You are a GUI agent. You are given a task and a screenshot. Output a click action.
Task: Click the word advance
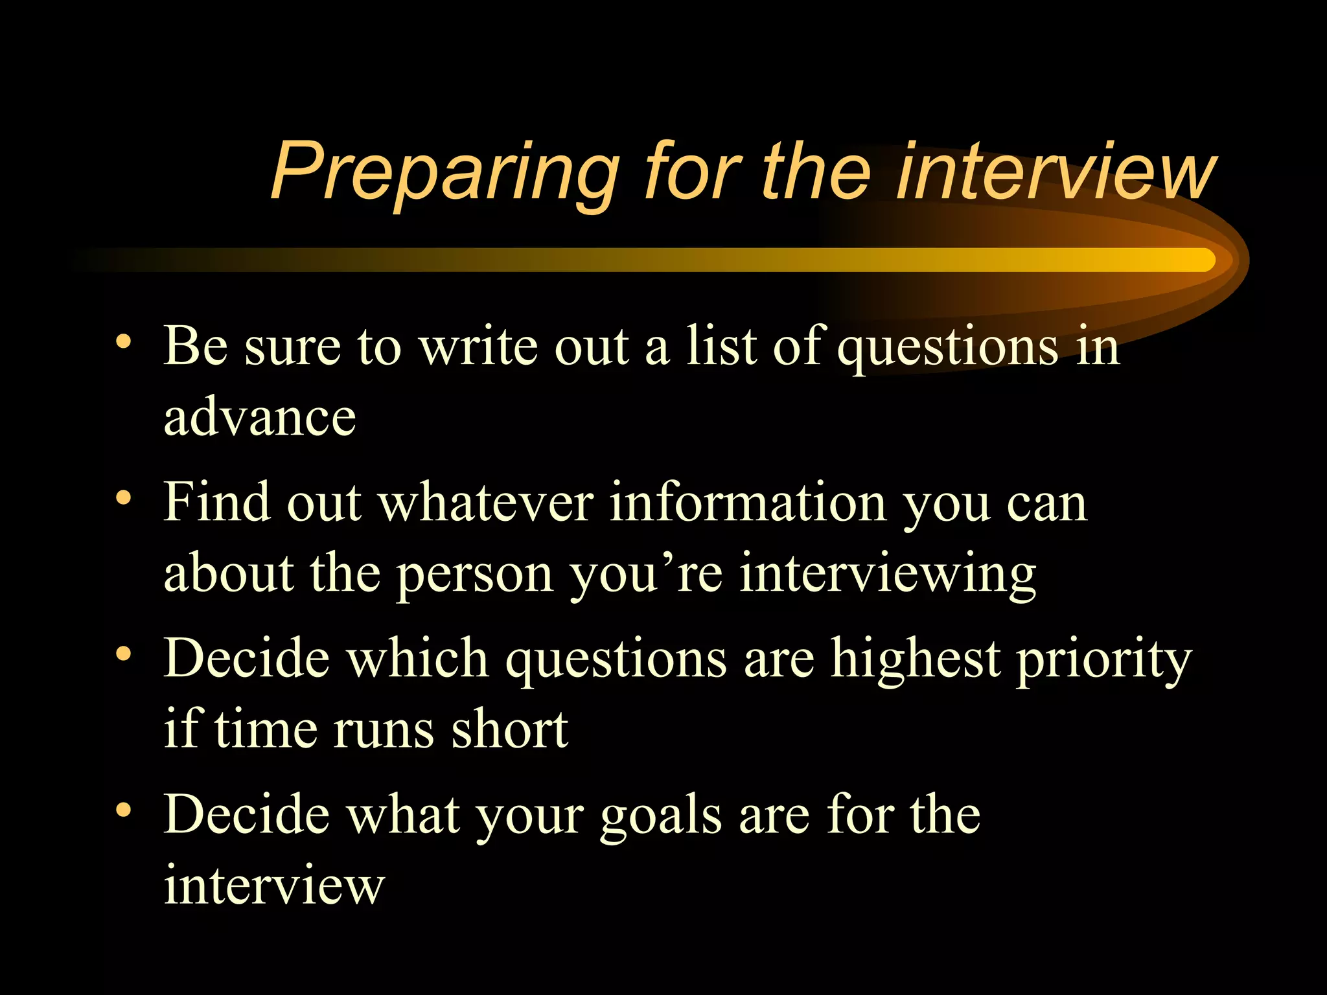tap(260, 418)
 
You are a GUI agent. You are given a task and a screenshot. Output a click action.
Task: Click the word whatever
tap(486, 503)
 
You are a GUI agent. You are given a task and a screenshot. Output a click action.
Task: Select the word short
tap(509, 730)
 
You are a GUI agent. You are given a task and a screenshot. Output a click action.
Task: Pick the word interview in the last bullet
tap(274, 886)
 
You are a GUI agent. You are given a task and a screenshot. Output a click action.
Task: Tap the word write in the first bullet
tap(478, 346)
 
